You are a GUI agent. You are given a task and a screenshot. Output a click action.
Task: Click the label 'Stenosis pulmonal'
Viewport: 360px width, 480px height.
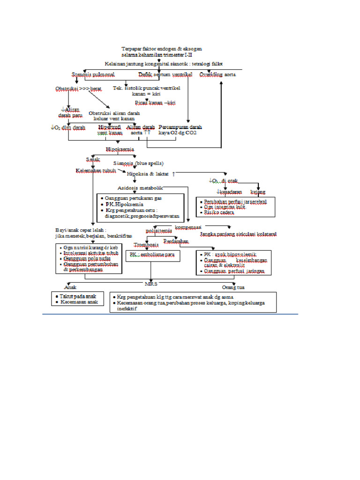(93, 75)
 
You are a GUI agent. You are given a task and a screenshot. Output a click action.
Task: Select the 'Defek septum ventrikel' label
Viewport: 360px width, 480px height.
(165, 75)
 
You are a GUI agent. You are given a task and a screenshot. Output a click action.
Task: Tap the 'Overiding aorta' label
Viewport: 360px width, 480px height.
(217, 75)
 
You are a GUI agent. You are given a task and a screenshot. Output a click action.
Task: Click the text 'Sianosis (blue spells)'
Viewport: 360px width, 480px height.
(138, 163)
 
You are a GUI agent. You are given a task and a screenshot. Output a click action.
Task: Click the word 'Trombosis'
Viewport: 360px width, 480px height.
(146, 245)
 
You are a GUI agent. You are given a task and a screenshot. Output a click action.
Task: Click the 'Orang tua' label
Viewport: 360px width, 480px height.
(233, 287)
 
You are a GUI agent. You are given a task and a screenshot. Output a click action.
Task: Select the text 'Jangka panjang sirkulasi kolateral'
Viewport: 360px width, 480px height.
(238, 234)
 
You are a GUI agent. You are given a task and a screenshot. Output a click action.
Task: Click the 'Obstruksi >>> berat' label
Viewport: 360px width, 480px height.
(79, 89)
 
